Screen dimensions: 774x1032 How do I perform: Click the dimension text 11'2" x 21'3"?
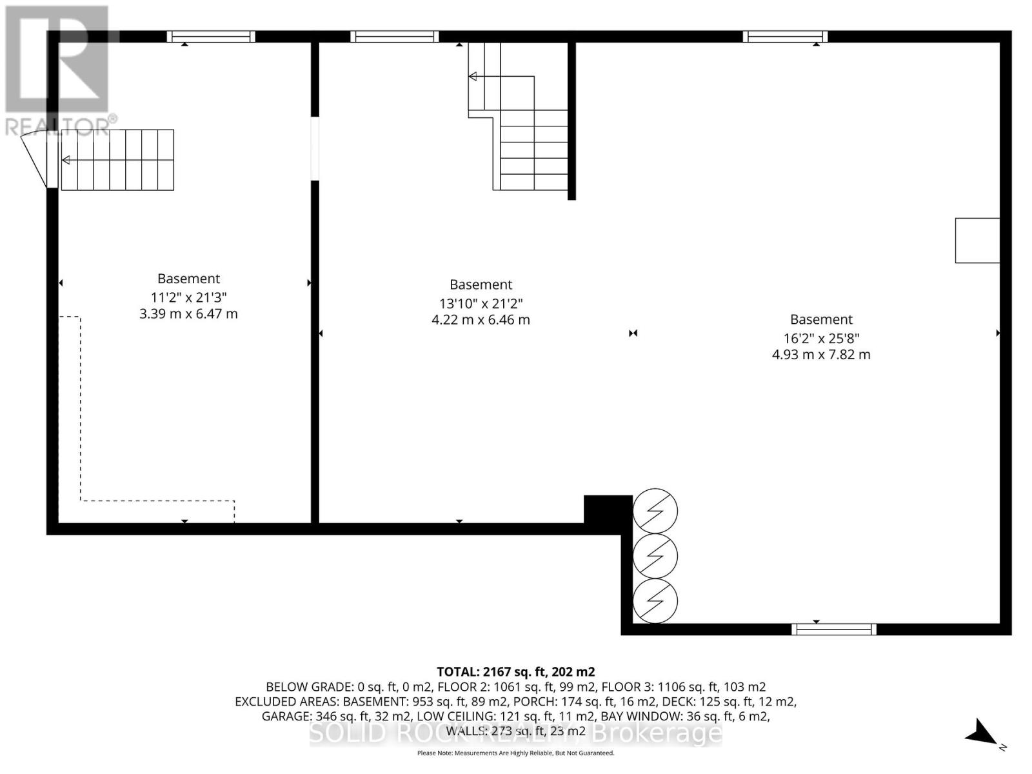click(x=188, y=297)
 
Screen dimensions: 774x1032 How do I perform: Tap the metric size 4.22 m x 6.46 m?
click(x=481, y=320)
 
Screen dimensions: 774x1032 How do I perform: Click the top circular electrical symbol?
click(x=655, y=511)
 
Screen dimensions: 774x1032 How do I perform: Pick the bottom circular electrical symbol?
click(x=655, y=601)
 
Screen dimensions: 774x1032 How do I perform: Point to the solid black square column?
click(x=607, y=510)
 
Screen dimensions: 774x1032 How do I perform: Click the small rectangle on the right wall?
click(x=977, y=241)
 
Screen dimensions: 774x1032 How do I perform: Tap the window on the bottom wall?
click(x=833, y=629)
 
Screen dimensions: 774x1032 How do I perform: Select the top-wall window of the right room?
click(x=785, y=37)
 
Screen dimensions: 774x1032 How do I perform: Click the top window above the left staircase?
click(x=211, y=37)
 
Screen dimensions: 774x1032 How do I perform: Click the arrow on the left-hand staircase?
click(x=66, y=160)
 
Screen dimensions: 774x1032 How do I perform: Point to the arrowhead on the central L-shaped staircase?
click(x=473, y=77)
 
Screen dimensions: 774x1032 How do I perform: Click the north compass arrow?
click(x=982, y=733)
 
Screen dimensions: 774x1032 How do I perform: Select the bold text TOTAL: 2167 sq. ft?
click(x=515, y=671)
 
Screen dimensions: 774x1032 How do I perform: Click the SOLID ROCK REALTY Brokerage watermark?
click(x=515, y=733)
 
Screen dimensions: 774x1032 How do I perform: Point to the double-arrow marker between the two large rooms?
click(x=633, y=333)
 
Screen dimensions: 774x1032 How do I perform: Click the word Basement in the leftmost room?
click(x=188, y=279)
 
